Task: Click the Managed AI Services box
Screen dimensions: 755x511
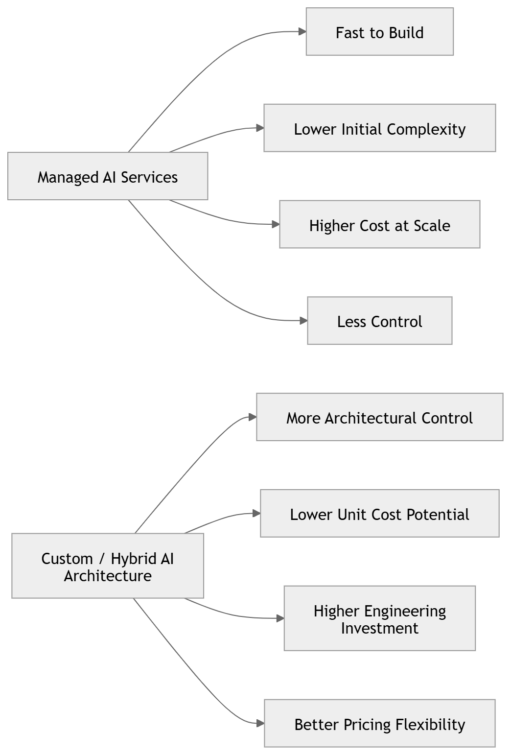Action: click(x=108, y=176)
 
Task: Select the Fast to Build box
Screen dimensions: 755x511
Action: click(x=379, y=32)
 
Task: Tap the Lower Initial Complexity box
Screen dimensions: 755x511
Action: click(x=379, y=128)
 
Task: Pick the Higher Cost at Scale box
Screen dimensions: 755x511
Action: click(x=379, y=225)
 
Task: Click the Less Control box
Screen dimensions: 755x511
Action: click(x=379, y=321)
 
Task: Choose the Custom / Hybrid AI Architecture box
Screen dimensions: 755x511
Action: click(x=108, y=566)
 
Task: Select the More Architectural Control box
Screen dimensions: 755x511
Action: click(x=379, y=417)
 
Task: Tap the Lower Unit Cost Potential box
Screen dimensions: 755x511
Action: click(x=379, y=514)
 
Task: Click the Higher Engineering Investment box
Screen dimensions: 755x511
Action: click(x=379, y=618)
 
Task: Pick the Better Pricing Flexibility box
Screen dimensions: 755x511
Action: click(x=379, y=724)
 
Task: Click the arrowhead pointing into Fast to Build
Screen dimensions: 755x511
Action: click(x=302, y=32)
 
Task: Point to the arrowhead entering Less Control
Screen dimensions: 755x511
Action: click(x=303, y=321)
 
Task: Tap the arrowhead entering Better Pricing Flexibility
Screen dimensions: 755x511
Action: click(x=260, y=723)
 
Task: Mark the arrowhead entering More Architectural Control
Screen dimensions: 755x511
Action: click(x=252, y=417)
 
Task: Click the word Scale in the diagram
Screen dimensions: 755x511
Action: click(x=432, y=225)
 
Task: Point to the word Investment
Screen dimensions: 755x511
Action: click(x=379, y=628)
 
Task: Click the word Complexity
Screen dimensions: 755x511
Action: click(x=426, y=129)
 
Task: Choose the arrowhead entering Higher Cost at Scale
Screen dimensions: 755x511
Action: click(x=275, y=225)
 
